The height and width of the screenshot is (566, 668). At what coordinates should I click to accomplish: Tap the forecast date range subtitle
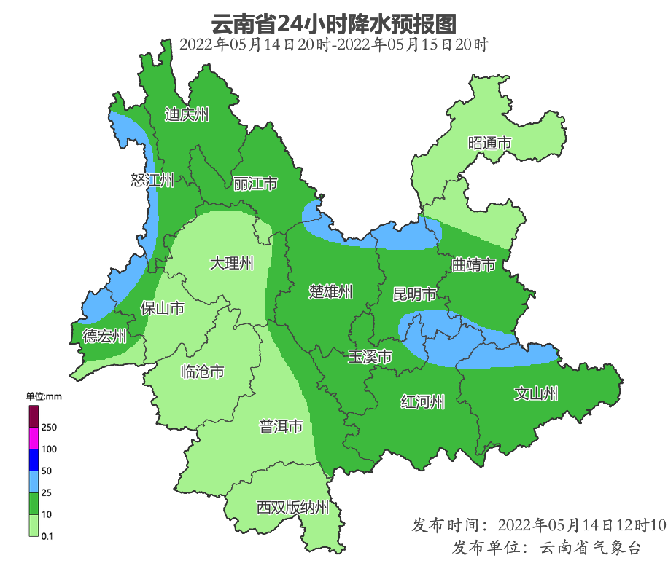(x=333, y=44)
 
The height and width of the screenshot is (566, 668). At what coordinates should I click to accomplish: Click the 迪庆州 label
(x=187, y=114)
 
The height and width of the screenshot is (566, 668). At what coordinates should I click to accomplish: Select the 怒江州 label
(x=152, y=180)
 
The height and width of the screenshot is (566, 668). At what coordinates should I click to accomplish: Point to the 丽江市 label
(x=255, y=184)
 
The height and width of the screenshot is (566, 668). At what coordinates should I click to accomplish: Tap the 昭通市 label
(x=489, y=144)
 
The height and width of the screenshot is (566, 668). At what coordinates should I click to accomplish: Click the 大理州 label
(x=231, y=263)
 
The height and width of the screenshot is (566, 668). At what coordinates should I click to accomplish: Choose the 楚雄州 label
(x=331, y=292)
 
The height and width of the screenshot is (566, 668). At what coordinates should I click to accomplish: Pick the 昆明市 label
(x=414, y=294)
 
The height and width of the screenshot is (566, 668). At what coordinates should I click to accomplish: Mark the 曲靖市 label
(x=473, y=264)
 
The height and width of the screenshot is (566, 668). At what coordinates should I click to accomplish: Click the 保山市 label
(x=162, y=308)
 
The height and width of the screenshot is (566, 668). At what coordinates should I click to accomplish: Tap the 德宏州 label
(x=104, y=336)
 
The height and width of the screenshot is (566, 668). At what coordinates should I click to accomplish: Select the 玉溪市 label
(x=370, y=357)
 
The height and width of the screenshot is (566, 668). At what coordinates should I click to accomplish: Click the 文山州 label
(x=536, y=394)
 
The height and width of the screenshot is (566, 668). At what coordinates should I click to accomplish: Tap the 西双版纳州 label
(x=292, y=508)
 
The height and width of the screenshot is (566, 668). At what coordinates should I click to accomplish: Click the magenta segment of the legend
(x=33, y=438)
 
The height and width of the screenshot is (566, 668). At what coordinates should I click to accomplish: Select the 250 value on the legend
(x=50, y=427)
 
